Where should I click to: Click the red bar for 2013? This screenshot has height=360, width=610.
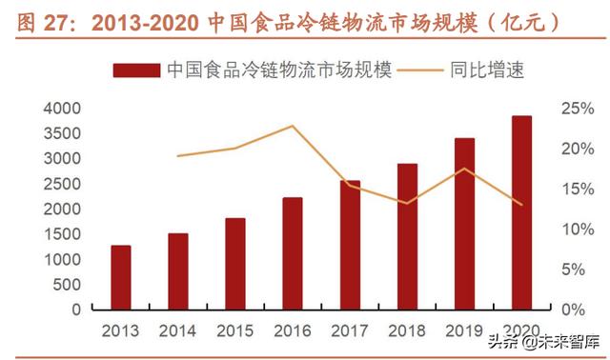click(x=121, y=277)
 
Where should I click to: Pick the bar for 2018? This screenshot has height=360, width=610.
click(x=407, y=236)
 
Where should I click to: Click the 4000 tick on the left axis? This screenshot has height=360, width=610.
click(x=62, y=109)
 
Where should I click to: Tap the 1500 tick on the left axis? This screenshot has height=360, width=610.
click(x=62, y=234)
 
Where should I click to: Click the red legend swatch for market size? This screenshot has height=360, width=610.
click(x=136, y=70)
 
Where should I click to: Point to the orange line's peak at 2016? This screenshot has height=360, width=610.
click(x=293, y=126)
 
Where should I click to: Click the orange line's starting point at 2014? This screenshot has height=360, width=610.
click(x=178, y=156)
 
